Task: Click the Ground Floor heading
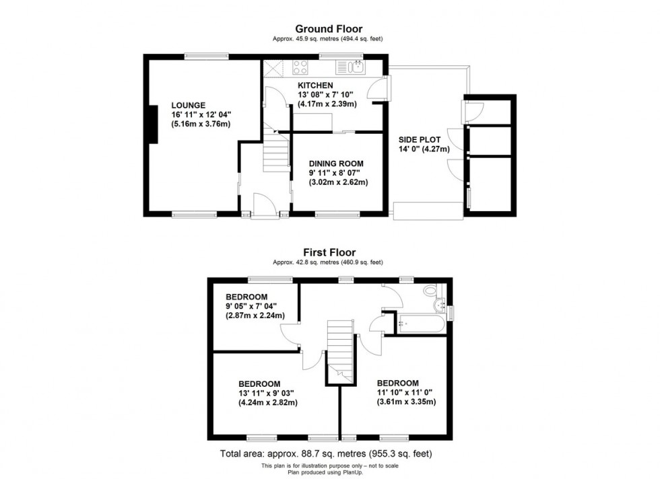pos(329,29)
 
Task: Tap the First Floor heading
pos(329,253)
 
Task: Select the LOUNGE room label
pos(189,105)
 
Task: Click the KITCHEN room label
pos(315,85)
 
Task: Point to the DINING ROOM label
pos(336,163)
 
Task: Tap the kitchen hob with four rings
pos(300,67)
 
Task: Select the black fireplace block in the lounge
pos(153,124)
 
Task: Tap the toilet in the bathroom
pos(431,291)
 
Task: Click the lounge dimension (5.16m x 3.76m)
pos(201,124)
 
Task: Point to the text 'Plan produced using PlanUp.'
pos(329,472)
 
